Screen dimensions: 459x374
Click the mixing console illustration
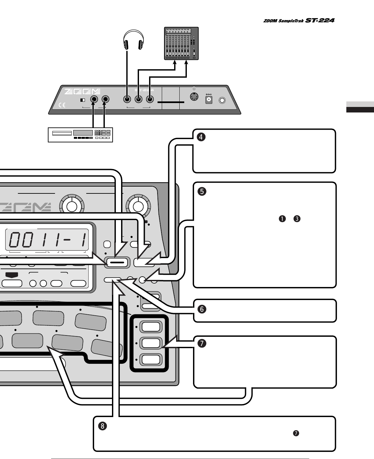pyautogui.click(x=182, y=44)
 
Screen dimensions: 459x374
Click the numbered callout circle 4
pyautogui.click(x=201, y=137)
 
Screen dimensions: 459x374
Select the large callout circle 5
pyautogui.click(x=201, y=191)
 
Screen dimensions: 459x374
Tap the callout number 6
pyautogui.click(x=201, y=309)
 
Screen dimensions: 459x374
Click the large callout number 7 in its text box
pyautogui.click(x=202, y=343)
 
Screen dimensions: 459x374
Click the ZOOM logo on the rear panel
pyautogui.click(x=82, y=92)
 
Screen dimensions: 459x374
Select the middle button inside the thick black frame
pyautogui.click(x=150, y=343)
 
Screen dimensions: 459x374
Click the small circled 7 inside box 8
pyautogui.click(x=296, y=433)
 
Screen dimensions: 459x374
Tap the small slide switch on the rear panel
pyautogui.click(x=83, y=100)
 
